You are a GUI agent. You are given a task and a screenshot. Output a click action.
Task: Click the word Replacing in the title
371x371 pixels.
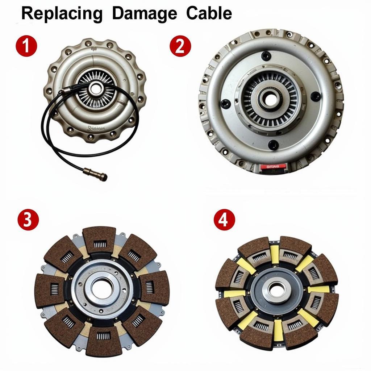tap(62, 14)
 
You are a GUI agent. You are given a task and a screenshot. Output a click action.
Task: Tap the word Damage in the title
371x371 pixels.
tap(145, 14)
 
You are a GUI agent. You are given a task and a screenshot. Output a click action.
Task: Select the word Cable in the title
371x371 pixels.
tap(209, 14)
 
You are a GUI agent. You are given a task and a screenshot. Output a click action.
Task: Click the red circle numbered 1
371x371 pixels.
tap(26, 46)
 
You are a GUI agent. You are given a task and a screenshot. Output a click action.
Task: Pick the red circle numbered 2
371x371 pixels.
tap(180, 46)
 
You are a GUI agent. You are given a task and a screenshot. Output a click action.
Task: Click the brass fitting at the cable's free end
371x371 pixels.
tap(99, 175)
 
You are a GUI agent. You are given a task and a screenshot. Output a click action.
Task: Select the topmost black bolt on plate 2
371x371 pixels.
tap(266, 55)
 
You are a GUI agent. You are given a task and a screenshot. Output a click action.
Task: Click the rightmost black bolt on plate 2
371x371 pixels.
tap(316, 96)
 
